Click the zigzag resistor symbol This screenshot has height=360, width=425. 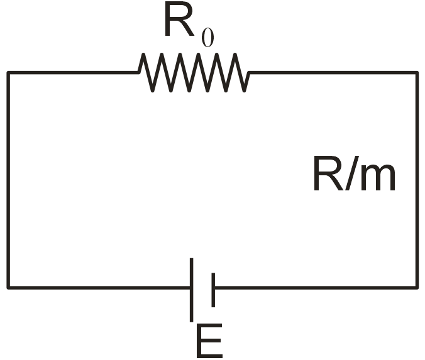coord(194,73)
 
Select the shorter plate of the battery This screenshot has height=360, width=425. coord(213,289)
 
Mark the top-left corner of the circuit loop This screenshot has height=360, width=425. coord(8,73)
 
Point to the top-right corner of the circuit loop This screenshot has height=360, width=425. coord(417,73)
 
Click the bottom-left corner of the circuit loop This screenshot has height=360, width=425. coord(8,288)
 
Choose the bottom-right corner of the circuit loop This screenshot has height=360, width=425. coord(417,288)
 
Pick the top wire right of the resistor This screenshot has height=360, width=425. coord(333,73)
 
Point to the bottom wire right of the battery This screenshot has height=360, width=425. coord(314,288)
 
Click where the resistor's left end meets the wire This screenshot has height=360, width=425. coord(139,73)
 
